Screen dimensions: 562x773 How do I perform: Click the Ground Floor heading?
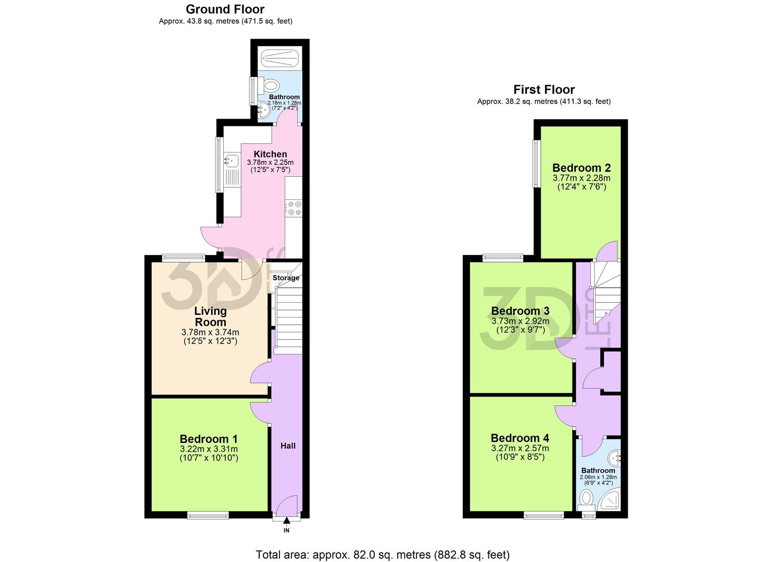(x=225, y=9)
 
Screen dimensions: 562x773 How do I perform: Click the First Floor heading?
(x=544, y=90)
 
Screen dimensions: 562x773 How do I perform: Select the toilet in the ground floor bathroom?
(x=270, y=85)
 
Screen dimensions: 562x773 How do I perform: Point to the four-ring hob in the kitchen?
(x=294, y=208)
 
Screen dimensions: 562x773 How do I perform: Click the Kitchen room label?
(x=270, y=154)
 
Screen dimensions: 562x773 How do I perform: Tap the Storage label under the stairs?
(x=286, y=278)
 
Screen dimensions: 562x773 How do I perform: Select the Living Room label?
(x=210, y=316)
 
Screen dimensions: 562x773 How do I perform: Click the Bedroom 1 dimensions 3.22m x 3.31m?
(x=209, y=449)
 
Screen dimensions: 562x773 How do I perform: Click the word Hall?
(x=288, y=445)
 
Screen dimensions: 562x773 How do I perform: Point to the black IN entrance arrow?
(x=286, y=521)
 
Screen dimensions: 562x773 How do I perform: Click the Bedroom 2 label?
(x=581, y=168)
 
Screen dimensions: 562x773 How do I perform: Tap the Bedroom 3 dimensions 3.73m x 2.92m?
(x=520, y=321)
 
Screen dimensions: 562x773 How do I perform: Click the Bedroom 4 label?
(x=519, y=438)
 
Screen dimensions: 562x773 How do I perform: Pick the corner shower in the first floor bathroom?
(x=609, y=501)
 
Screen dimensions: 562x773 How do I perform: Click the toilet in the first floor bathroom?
(x=586, y=501)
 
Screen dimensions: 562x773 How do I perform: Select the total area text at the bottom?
(x=383, y=555)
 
